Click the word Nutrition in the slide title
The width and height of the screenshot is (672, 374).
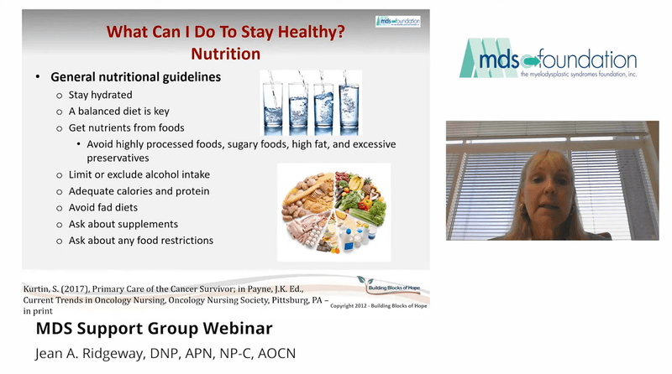[225, 54]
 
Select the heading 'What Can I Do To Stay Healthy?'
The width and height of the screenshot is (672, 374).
[225, 33]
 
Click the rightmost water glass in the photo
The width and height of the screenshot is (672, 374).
[349, 104]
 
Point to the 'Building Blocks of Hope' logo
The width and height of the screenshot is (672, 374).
[398, 288]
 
